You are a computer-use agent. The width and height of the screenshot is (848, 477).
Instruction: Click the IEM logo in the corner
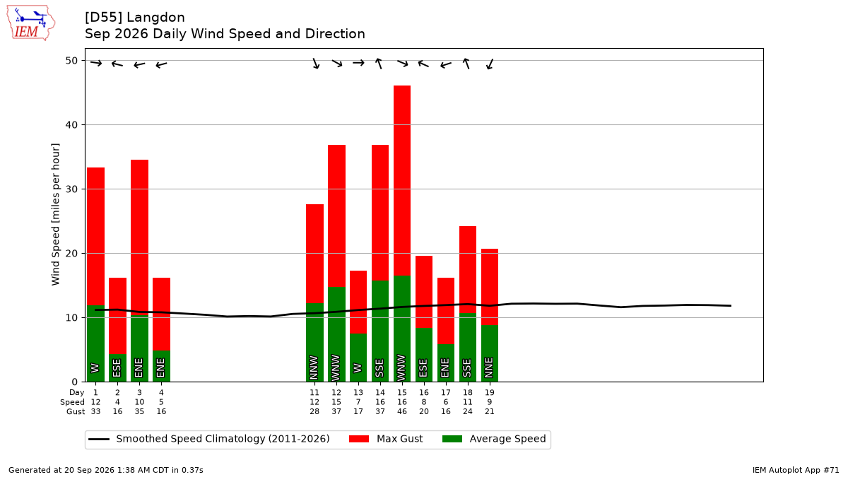pyautogui.click(x=31, y=23)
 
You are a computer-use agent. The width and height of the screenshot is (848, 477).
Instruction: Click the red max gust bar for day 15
pyautogui.click(x=402, y=181)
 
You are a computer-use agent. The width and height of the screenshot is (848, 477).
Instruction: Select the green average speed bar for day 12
pyautogui.click(x=336, y=334)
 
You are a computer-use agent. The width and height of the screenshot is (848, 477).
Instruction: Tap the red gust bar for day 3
pyautogui.click(x=139, y=237)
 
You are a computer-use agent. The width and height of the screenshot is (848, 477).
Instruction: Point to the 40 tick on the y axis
pyautogui.click(x=71, y=125)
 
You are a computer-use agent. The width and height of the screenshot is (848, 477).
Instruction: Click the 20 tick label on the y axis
pyautogui.click(x=71, y=253)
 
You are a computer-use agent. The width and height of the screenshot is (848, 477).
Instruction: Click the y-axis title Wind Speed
pyautogui.click(x=56, y=214)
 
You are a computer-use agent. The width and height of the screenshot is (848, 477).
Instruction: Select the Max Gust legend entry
pyautogui.click(x=385, y=439)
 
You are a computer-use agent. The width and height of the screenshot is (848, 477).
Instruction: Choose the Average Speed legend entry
pyautogui.click(x=494, y=439)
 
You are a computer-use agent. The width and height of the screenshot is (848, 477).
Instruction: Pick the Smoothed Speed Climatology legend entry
pyautogui.click(x=209, y=439)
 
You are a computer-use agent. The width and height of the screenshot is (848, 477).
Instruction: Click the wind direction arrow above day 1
pyautogui.click(x=96, y=63)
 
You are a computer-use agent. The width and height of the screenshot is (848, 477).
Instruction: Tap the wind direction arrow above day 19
pyautogui.click(x=490, y=64)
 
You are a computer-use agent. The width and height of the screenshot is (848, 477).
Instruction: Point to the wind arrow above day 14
pyautogui.click(x=379, y=63)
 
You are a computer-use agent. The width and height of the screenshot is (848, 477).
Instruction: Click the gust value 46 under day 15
pyautogui.click(x=402, y=411)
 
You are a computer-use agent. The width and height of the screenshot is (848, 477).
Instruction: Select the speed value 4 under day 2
pyautogui.click(x=117, y=402)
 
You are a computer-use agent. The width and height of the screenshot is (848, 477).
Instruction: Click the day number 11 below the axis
pyautogui.click(x=314, y=393)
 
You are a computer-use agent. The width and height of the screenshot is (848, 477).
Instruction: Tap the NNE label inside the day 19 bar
pyautogui.click(x=489, y=367)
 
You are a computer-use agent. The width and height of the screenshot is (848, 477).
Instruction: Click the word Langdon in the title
pyautogui.click(x=155, y=18)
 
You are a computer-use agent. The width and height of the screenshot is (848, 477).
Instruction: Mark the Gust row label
pyautogui.click(x=76, y=411)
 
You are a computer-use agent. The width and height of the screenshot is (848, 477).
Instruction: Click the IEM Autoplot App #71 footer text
pyautogui.click(x=796, y=470)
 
